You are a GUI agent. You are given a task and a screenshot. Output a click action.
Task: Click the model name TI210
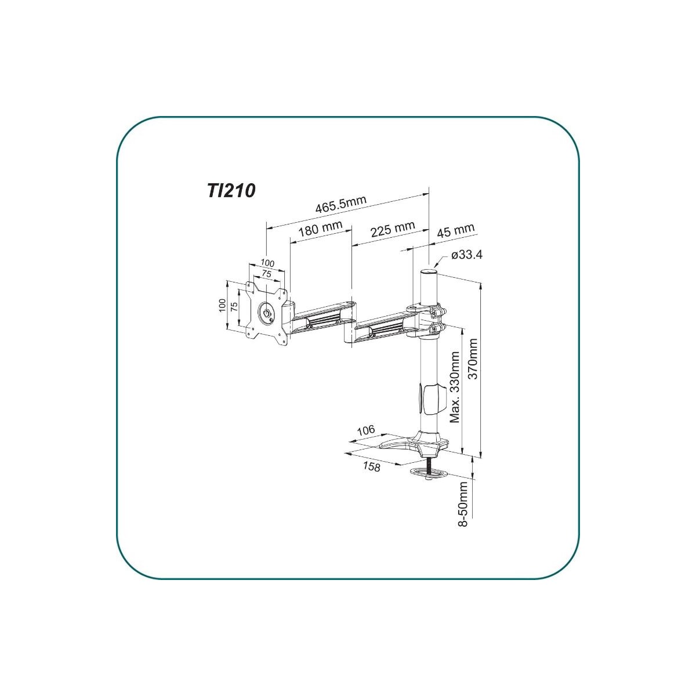coord(231,190)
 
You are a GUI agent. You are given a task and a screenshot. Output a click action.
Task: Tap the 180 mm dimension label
coord(320,229)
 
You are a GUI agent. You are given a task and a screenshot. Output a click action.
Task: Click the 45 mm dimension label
coord(455,230)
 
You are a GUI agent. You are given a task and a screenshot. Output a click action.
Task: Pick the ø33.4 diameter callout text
coord(466,255)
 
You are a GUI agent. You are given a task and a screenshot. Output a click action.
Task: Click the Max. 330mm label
coord(454,387)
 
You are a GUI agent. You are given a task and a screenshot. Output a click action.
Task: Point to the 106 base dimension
coord(366,430)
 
